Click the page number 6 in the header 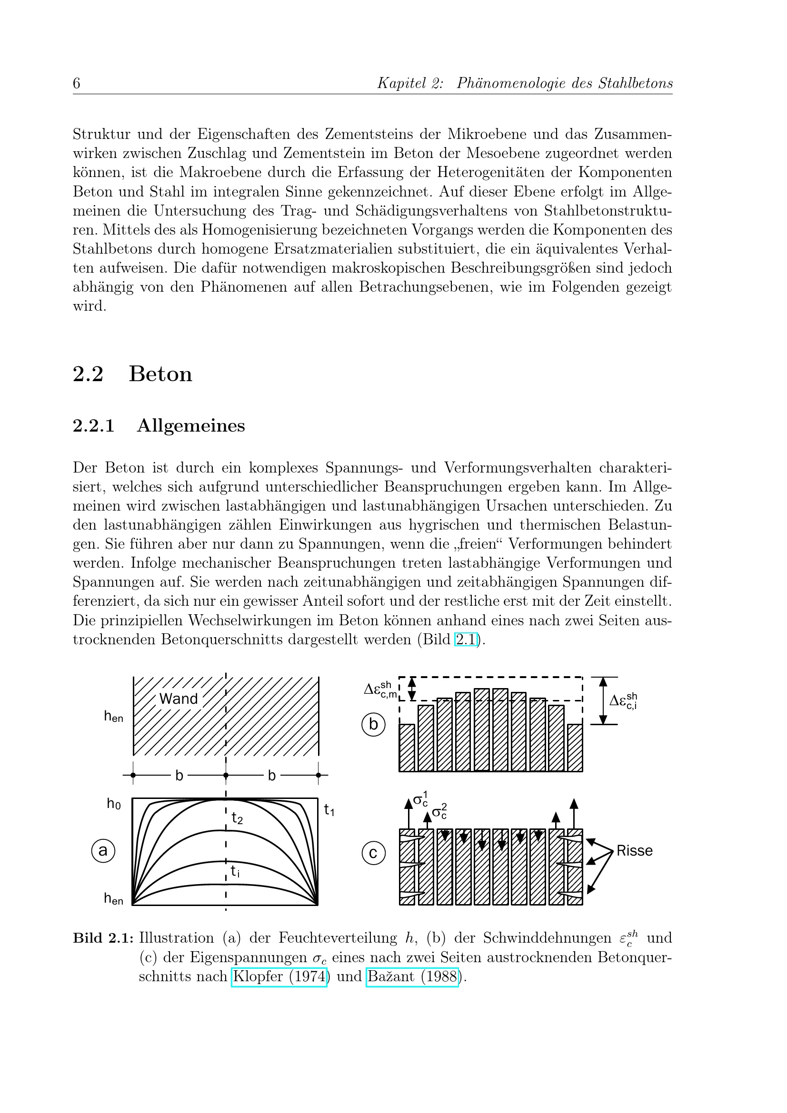77,83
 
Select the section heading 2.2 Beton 132,374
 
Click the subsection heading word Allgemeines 191,425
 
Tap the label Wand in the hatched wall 179,699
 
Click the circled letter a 103,851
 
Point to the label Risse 634,851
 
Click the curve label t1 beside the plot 329,809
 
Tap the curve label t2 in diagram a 237,819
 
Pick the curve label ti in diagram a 235,871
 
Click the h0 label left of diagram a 114,804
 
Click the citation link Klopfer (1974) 279,976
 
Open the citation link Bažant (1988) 412,976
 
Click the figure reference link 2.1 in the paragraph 466,640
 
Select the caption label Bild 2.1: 103,938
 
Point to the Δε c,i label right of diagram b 623,701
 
